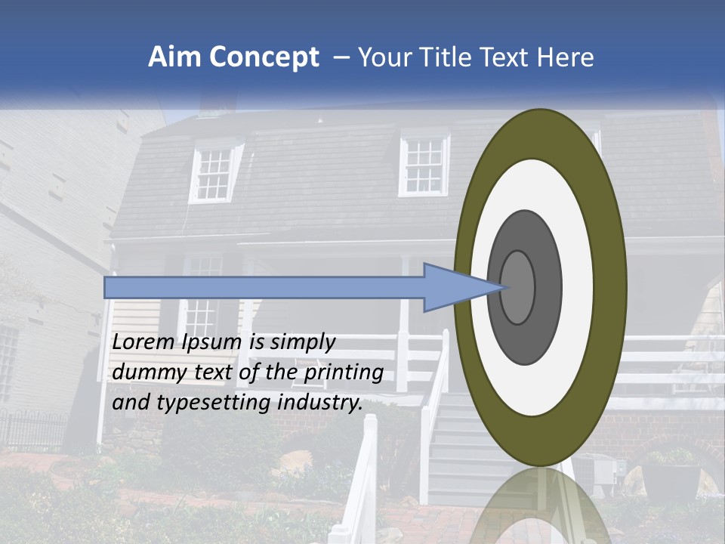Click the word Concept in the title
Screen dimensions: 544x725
click(264, 57)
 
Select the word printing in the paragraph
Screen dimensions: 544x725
click(344, 372)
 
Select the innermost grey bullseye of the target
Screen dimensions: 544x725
click(518, 287)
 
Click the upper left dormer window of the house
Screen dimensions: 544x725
click(214, 173)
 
